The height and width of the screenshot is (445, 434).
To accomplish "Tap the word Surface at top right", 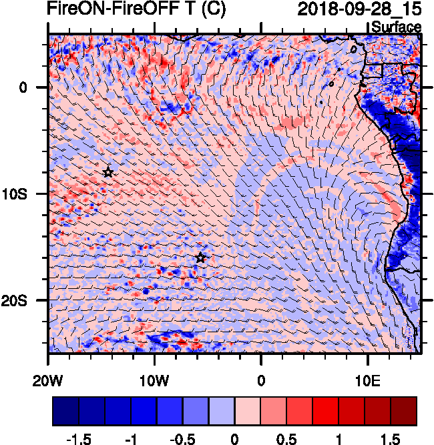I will coord(396,27).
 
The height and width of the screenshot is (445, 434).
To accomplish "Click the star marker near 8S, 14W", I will coord(108,172).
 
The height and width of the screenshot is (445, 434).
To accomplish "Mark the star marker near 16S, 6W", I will coord(200,258).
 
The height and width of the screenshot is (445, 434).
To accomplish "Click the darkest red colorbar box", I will coord(404,412).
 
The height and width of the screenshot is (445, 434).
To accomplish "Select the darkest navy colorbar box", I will coord(65,412).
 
